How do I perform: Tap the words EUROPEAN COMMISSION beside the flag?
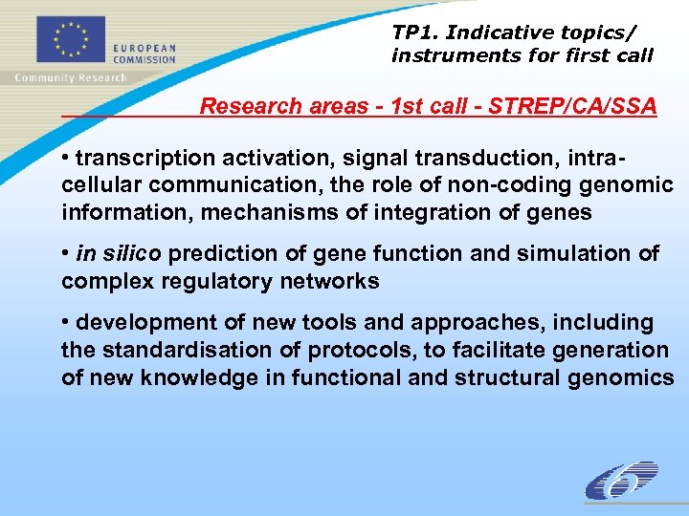pos(144,53)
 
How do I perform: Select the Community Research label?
pos(70,77)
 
